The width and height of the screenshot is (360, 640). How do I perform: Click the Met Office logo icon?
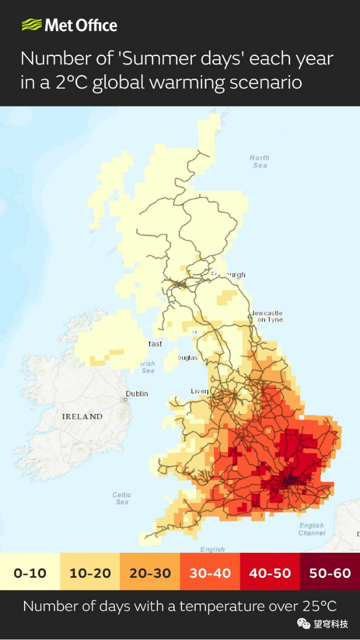[31, 25]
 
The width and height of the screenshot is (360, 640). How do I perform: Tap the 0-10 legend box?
[30, 573]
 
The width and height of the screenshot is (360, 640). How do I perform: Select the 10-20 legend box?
[90, 573]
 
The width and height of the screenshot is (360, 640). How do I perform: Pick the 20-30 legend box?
[150, 573]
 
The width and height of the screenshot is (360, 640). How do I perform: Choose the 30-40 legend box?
[210, 573]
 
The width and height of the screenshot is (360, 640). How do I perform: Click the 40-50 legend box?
[270, 573]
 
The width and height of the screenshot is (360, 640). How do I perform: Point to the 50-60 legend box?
[330, 573]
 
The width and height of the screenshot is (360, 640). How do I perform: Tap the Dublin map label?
[137, 393]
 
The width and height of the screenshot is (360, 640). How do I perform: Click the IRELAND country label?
[82, 416]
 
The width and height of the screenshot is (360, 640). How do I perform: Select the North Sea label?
[259, 161]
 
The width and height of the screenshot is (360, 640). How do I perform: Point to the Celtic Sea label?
[122, 498]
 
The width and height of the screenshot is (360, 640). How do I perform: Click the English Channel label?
[311, 529]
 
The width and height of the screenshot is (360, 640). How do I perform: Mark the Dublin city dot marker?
[126, 400]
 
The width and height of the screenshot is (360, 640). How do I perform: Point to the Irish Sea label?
[148, 367]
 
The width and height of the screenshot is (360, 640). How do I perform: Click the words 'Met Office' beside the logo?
[81, 25]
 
